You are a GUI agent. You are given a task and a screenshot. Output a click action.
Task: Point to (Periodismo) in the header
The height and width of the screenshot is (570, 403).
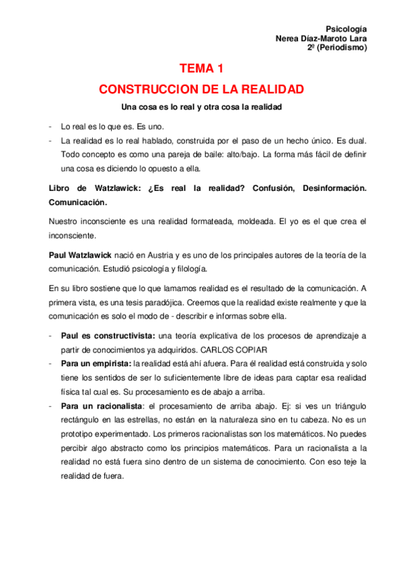[x=342, y=48]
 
